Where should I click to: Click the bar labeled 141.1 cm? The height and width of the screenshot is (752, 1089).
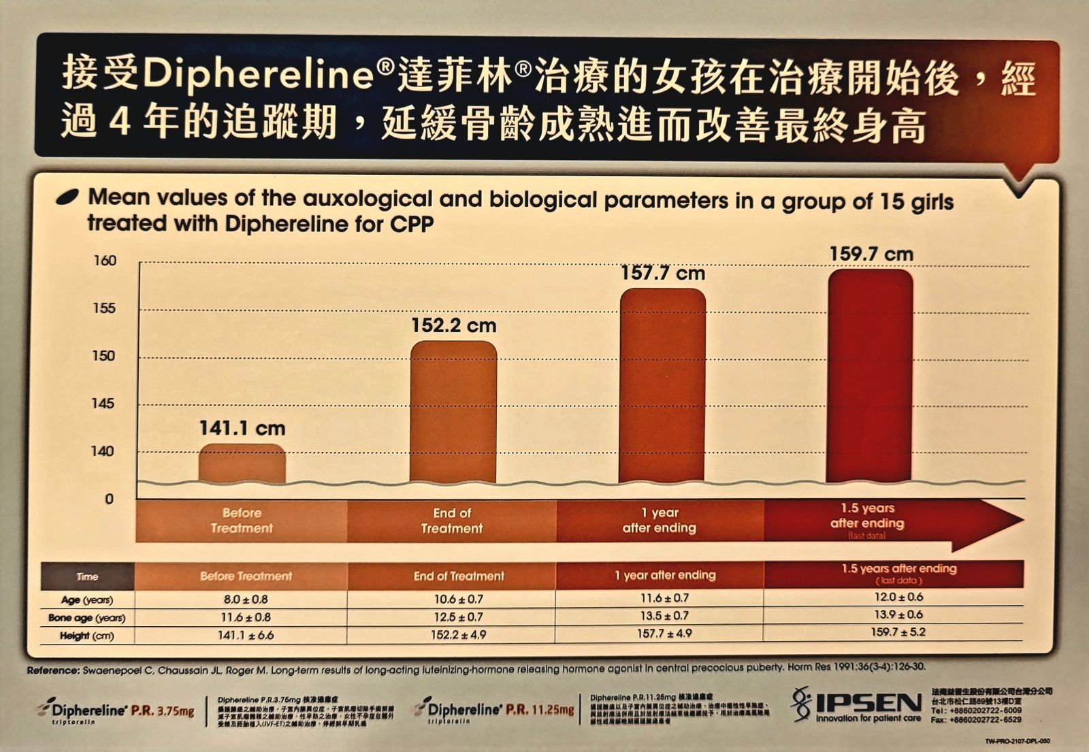tap(242, 464)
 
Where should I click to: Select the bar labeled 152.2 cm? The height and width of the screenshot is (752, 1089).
tap(453, 412)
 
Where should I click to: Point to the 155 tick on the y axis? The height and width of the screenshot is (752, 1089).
tap(104, 308)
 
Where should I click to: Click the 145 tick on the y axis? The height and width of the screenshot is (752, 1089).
tap(103, 404)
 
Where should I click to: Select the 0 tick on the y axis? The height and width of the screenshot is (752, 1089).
tap(109, 499)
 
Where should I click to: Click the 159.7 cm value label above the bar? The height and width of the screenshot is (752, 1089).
tap(871, 255)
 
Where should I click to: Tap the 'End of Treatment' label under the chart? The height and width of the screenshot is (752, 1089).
tap(452, 521)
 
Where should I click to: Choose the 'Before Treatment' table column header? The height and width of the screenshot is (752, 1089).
tap(246, 576)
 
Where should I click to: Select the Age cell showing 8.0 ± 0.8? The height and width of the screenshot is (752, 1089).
tap(246, 600)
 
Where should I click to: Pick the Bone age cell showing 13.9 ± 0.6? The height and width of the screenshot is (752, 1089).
tap(898, 615)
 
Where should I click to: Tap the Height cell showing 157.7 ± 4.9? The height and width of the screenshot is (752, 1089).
tap(664, 634)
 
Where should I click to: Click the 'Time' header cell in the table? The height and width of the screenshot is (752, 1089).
tap(87, 576)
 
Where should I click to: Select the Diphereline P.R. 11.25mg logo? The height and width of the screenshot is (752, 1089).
tap(495, 710)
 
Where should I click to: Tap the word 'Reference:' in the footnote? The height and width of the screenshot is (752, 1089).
tap(53, 670)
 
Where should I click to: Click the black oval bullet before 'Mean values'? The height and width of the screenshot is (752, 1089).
tap(67, 197)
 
